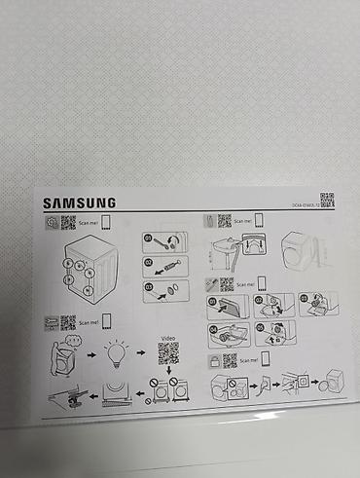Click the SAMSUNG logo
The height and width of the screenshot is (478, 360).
79,203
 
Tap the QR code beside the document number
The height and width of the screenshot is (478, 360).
327,201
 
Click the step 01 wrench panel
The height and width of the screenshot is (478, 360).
164,242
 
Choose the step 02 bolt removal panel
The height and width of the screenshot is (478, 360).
164,266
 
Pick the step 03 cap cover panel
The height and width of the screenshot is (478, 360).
164,290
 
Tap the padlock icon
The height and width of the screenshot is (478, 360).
211,362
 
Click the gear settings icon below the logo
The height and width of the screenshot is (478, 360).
51,223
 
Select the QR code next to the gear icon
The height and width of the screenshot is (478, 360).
68,222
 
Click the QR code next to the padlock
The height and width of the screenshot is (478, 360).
229,361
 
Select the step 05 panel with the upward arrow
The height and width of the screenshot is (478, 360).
273,334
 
